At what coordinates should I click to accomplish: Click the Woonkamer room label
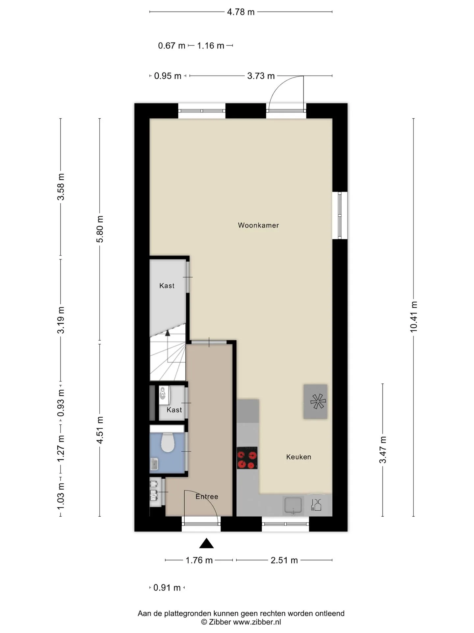click(x=258, y=226)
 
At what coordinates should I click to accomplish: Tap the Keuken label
click(x=299, y=457)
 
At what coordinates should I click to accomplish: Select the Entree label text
click(x=207, y=497)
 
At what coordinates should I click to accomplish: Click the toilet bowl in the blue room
click(x=168, y=442)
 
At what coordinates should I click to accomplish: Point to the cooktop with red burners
click(x=247, y=458)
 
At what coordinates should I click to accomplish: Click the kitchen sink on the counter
click(x=293, y=506)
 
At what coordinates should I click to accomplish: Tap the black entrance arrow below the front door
click(x=206, y=543)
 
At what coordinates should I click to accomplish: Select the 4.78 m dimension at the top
click(x=241, y=12)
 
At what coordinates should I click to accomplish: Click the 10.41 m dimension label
click(x=414, y=317)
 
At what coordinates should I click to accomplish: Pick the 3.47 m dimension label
click(x=383, y=450)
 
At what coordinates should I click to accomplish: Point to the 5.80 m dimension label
click(x=100, y=229)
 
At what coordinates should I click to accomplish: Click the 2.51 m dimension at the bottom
click(x=284, y=560)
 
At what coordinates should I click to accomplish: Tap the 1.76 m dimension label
click(x=199, y=560)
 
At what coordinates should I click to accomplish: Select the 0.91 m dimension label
click(x=167, y=588)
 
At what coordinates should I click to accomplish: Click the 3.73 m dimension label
click(x=261, y=76)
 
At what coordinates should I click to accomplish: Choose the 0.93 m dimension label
click(x=61, y=404)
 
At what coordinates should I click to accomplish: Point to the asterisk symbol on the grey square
click(x=318, y=402)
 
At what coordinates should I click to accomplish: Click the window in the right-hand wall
click(x=340, y=215)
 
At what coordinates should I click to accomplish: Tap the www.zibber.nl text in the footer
click(x=257, y=622)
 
